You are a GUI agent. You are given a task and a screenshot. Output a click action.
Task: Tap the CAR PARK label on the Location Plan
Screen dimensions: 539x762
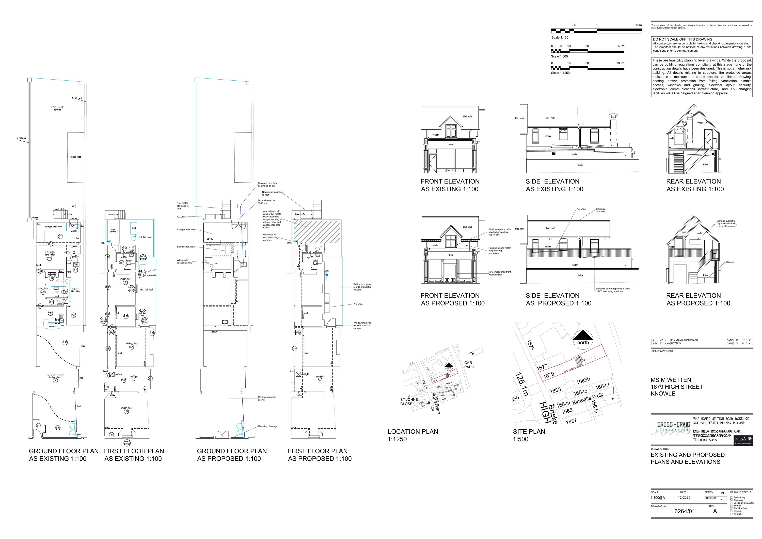pos(469,365)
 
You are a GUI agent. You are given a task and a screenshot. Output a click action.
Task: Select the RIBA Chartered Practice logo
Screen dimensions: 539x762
pos(743,440)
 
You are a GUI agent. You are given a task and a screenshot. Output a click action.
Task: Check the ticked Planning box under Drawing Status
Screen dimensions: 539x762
pos(732,500)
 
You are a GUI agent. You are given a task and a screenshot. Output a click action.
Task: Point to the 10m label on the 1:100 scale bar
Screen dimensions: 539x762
pos(639,25)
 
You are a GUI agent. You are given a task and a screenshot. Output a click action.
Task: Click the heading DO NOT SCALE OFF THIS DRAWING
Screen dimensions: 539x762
pos(683,39)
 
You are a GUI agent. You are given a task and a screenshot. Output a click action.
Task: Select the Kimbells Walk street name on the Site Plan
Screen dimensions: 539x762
pos(588,399)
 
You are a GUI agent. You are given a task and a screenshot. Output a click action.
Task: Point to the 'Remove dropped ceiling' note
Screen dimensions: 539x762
pos(266,398)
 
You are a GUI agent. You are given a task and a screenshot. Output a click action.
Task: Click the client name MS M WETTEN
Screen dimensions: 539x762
pos(671,380)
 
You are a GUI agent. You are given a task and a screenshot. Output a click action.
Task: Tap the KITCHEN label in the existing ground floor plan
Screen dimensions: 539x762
pos(50,253)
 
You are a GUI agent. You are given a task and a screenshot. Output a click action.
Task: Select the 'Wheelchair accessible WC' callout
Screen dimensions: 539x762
pos(184,261)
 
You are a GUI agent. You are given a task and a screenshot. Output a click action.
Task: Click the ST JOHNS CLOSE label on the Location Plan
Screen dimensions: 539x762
pos(409,402)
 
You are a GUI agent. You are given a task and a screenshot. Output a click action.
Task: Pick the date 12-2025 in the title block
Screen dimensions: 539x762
pos(684,498)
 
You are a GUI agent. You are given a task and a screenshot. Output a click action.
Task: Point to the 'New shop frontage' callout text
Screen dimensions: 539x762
pos(267,426)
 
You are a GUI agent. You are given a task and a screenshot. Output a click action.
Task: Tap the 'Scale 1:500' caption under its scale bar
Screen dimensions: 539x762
pos(560,56)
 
